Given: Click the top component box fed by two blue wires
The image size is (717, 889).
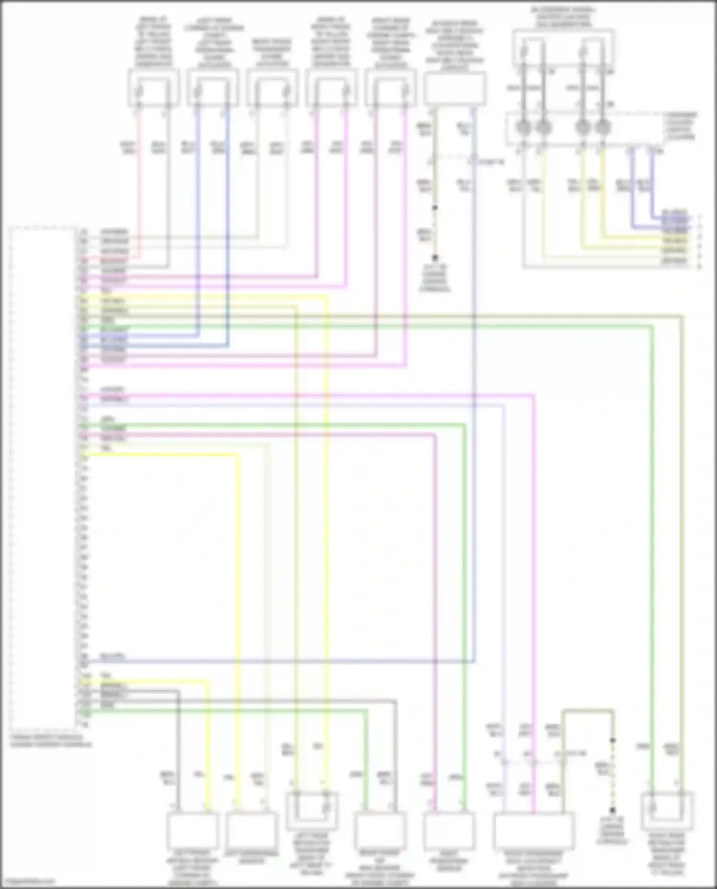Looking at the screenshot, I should (x=213, y=88).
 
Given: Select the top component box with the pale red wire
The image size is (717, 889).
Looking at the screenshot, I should (x=153, y=88).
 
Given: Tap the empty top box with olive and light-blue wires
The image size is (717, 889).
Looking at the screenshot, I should (x=455, y=88).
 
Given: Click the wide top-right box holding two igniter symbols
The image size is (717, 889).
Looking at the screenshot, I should (x=563, y=48).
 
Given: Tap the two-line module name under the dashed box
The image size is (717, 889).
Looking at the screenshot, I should (x=50, y=741).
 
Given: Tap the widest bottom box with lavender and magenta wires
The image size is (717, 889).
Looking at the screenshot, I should (x=533, y=831).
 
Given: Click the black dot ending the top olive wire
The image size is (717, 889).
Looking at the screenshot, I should (x=435, y=257).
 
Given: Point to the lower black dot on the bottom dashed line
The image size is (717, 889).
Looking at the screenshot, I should (x=612, y=810).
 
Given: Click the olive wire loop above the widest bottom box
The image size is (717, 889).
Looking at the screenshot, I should (x=588, y=711).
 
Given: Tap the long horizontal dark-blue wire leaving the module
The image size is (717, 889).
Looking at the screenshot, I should (x=287, y=662).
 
